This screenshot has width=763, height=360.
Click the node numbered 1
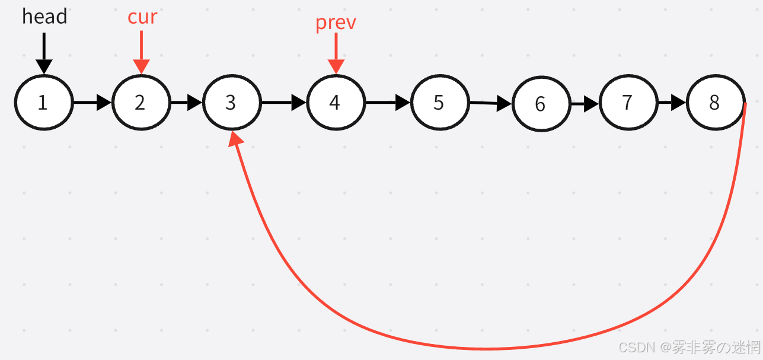(43, 103)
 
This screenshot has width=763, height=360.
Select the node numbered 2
(141, 103)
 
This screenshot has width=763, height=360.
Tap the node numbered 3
(231, 103)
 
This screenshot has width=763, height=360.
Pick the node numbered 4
(335, 103)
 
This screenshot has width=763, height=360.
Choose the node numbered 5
(439, 103)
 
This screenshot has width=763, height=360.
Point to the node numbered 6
(541, 104)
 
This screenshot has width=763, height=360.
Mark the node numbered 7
(628, 103)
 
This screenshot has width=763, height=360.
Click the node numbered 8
(715, 103)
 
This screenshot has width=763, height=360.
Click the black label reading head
(44, 17)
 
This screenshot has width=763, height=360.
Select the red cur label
(142, 17)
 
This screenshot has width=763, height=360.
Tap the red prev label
(336, 23)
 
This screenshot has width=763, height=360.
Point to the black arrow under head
(44, 53)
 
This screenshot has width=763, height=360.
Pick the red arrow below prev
(336, 53)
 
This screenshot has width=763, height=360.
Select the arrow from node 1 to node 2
(92, 103)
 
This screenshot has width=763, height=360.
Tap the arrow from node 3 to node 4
(283, 103)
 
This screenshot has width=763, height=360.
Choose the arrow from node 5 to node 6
(490, 104)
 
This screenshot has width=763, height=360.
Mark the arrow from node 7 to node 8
(671, 103)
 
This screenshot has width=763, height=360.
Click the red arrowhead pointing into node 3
(236, 139)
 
